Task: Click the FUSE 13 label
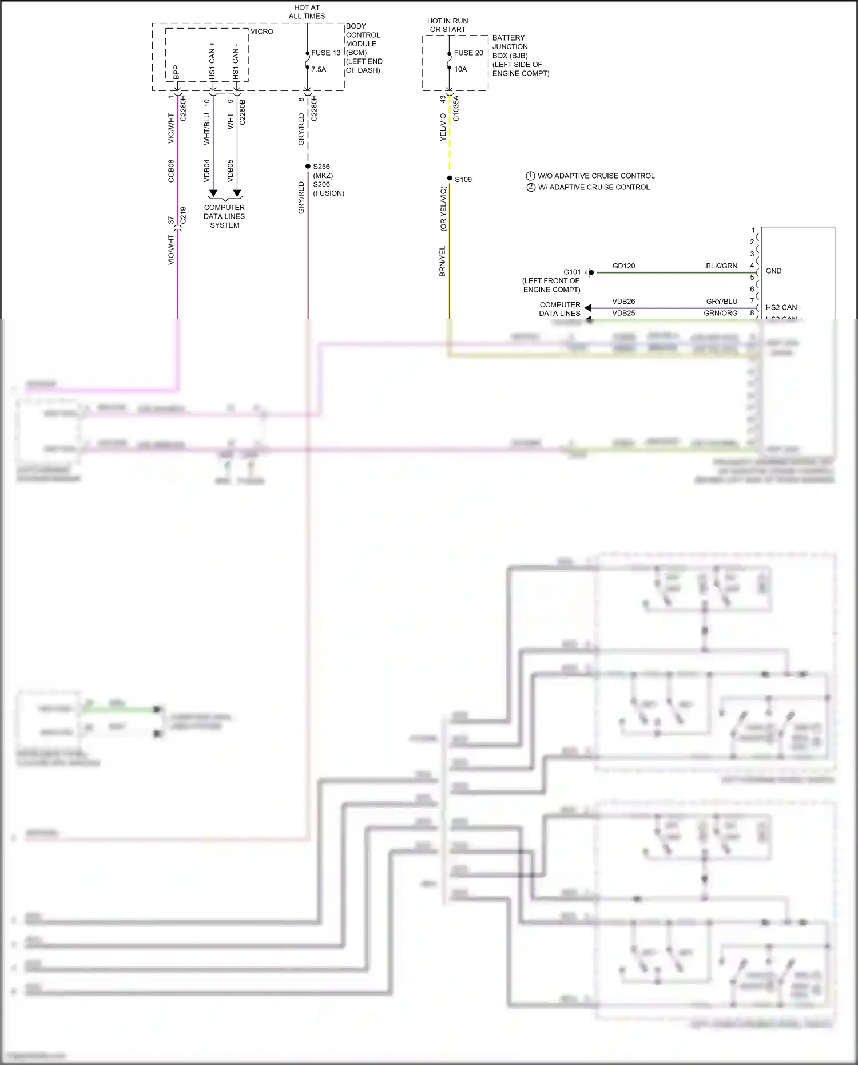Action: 325,53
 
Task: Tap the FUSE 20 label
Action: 468,53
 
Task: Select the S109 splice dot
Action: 450,179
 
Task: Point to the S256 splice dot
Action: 308,166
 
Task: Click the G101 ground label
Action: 572,272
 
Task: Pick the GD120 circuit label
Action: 623,266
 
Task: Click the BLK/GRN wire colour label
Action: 721,266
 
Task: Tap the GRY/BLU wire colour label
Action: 722,302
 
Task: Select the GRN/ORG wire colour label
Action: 721,313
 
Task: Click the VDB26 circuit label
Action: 623,302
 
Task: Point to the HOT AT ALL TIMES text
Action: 307,12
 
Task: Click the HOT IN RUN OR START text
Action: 448,25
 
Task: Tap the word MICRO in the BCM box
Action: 261,31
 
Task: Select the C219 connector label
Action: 184,215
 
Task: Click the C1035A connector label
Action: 456,108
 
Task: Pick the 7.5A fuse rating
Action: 319,69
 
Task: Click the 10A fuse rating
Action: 460,69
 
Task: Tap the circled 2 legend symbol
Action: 531,187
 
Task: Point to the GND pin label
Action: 773,271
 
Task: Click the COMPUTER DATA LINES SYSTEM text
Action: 224,216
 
